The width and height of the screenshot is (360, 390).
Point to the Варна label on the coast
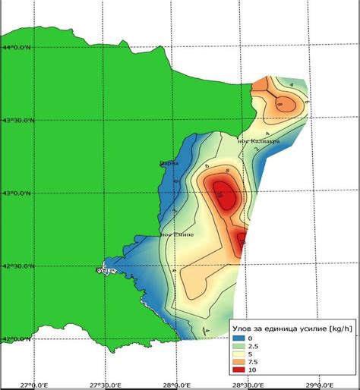168,162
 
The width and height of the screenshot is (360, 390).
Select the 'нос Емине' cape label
177,234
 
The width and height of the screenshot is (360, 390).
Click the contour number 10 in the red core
220,195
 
